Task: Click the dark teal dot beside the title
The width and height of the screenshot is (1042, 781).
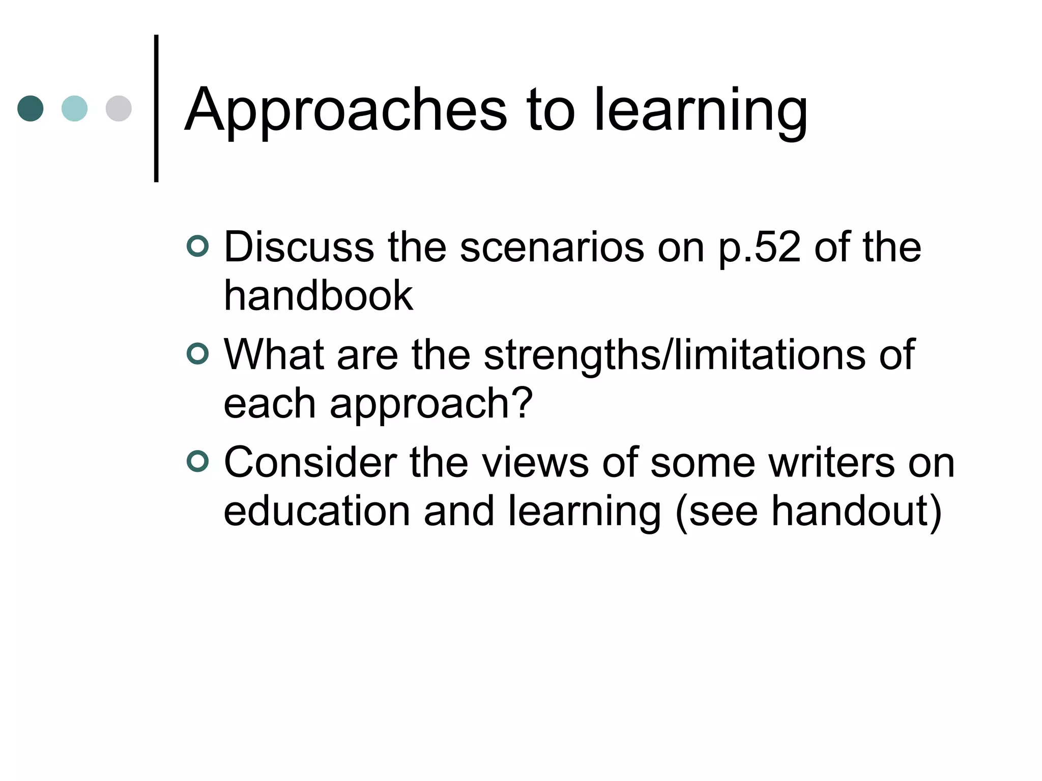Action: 31,108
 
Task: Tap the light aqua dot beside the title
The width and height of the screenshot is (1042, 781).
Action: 74,108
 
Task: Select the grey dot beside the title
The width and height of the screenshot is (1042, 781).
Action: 119,108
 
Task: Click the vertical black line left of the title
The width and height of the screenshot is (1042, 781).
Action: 156,108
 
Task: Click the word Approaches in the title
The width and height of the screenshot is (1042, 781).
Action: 346,111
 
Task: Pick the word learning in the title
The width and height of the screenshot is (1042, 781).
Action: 701,111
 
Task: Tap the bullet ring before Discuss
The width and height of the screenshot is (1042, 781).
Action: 197,247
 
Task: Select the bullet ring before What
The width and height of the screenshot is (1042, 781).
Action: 197,354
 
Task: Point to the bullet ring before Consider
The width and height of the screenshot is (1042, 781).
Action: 197,462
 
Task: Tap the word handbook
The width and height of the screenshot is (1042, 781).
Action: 319,295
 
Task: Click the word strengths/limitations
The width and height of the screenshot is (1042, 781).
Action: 674,354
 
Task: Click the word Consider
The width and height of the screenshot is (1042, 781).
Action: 310,462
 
